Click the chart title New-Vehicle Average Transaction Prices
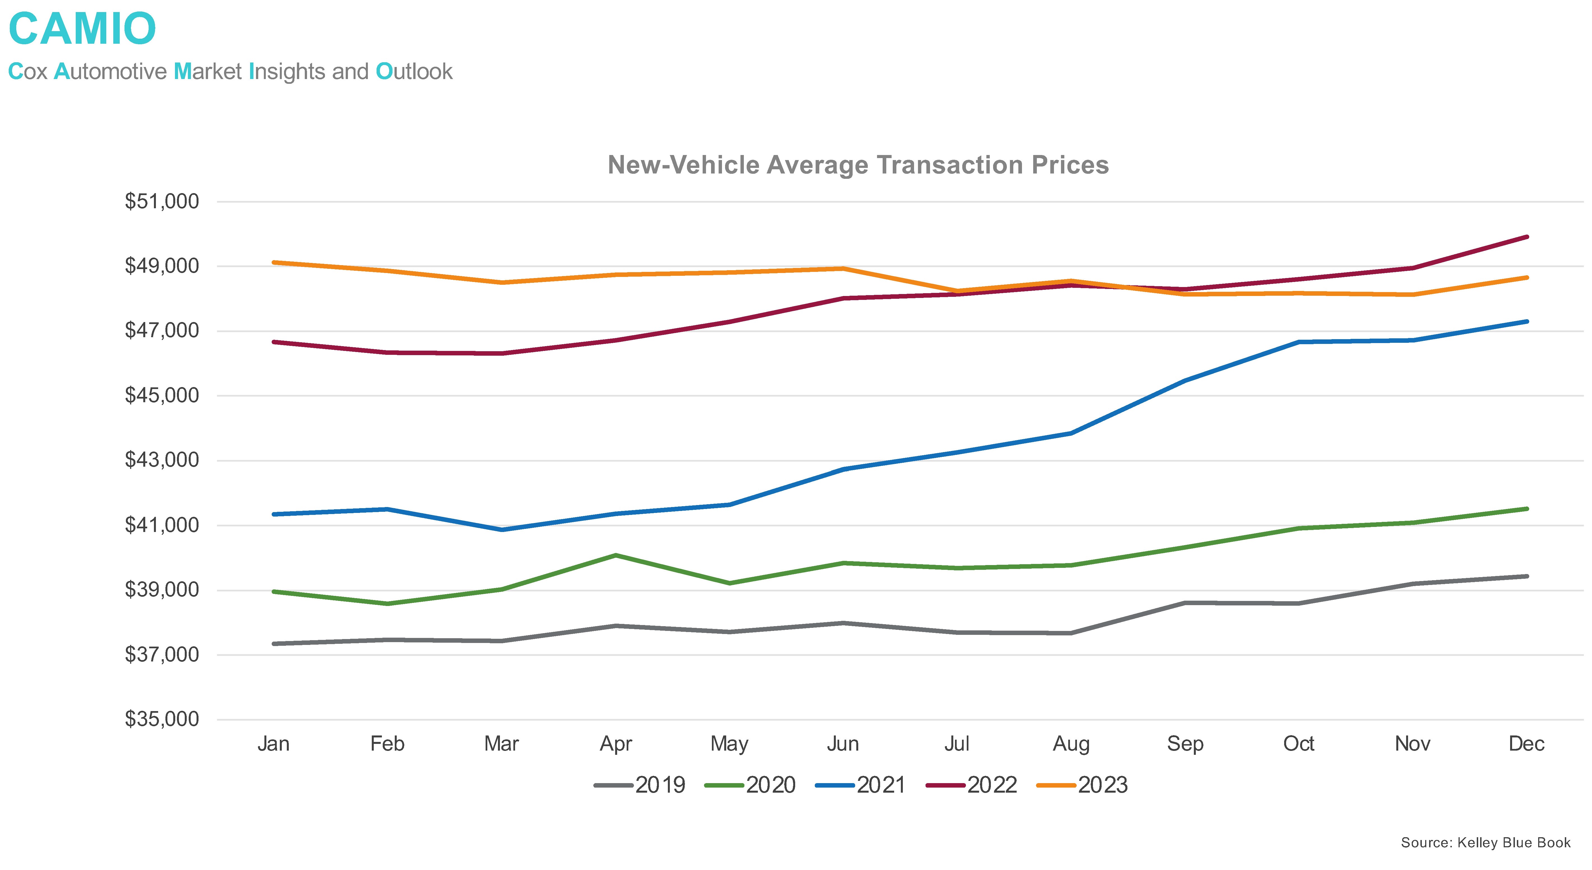858,165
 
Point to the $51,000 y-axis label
162,202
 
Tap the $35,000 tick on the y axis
162,719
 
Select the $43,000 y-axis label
162,460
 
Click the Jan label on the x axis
273,743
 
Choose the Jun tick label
843,743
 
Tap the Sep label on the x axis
1185,743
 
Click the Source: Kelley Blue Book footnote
1485,843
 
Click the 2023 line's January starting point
274,263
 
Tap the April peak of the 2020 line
615,555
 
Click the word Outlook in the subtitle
414,72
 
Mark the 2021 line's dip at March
502,529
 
